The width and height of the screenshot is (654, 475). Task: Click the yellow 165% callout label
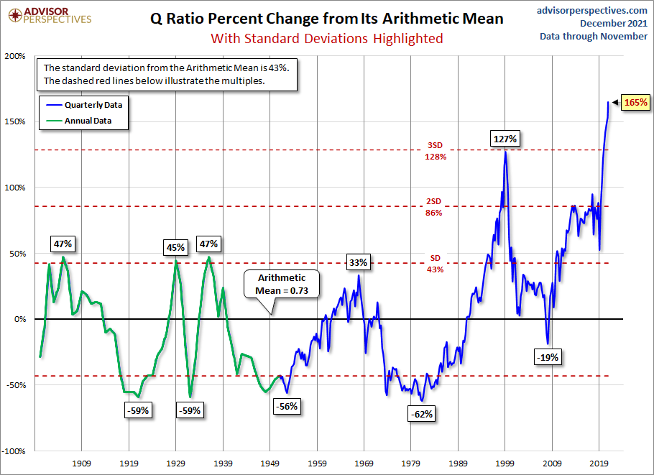635,103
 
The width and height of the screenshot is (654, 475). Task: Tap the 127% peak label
505,139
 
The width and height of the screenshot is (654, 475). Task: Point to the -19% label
547,356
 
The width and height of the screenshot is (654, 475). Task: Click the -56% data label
286,406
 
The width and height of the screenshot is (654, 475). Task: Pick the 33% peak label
358,262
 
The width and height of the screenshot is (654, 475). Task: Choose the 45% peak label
175,247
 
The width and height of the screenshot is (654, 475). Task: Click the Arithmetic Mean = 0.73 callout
281,284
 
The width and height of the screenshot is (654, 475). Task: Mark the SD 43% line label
435,264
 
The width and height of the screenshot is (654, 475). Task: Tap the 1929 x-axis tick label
176,464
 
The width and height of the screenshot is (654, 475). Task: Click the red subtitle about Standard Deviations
326,38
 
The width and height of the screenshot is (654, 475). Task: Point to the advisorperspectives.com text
592,10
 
